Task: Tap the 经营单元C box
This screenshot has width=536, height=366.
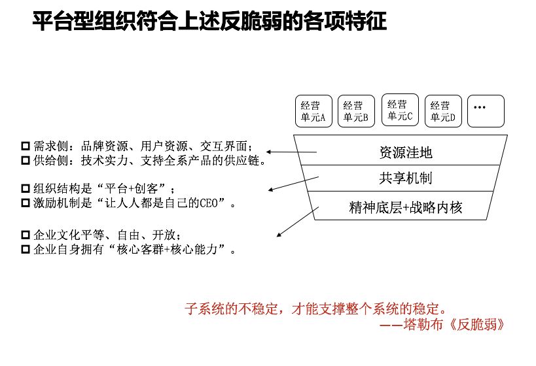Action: click(400, 110)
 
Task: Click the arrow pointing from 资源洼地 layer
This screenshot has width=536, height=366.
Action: click(292, 154)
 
